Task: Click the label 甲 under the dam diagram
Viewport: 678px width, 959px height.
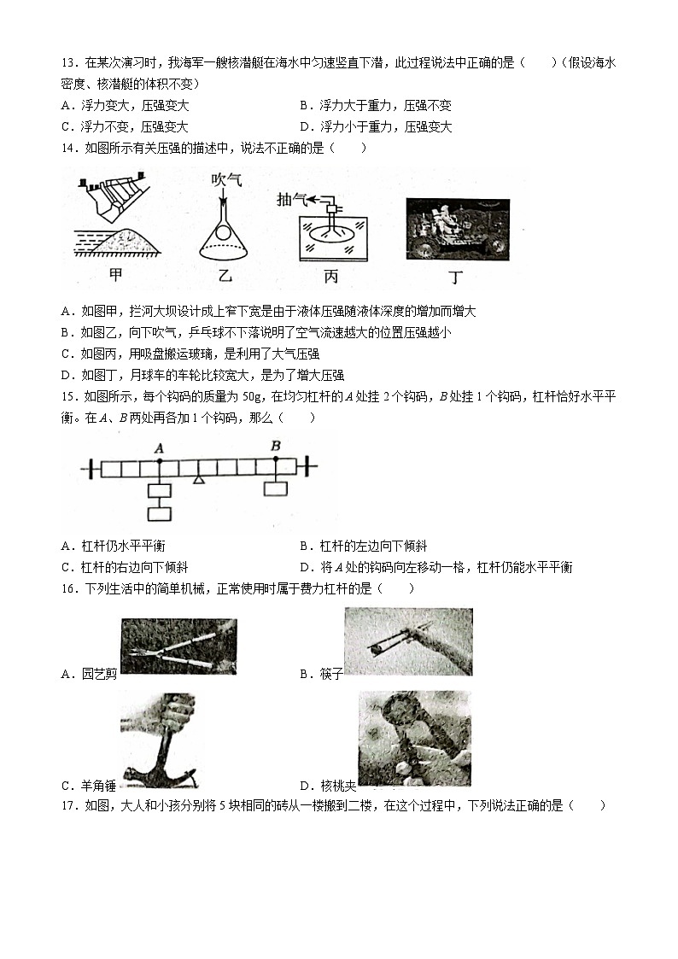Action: coord(116,275)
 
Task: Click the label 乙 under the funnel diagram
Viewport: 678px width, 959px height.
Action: coord(225,275)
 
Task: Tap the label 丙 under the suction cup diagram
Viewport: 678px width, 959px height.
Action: coord(330,276)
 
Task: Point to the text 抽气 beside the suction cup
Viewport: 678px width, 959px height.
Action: coord(291,198)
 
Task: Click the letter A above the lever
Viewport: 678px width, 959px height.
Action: coord(159,447)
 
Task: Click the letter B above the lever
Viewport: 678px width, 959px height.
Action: coord(276,446)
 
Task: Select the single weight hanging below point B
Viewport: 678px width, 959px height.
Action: coord(275,488)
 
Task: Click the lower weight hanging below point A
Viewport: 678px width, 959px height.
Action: coord(159,514)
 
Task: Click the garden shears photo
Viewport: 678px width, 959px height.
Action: coord(178,646)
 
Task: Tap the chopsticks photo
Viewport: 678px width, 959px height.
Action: coord(408,642)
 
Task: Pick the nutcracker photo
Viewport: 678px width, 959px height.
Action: coord(414,739)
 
